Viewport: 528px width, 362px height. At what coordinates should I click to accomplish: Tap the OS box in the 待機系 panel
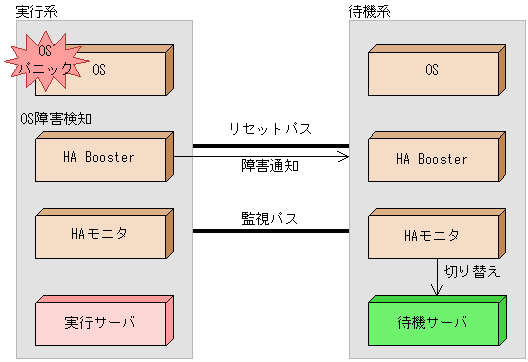pyautogui.click(x=430, y=71)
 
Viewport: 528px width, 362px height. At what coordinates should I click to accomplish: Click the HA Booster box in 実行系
pyautogui.click(x=100, y=158)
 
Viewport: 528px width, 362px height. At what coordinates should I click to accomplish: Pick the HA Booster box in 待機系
pyautogui.click(x=430, y=160)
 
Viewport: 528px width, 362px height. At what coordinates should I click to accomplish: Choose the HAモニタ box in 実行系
pyautogui.click(x=100, y=235)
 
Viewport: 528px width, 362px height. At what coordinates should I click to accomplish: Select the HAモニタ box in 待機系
pyautogui.click(x=430, y=236)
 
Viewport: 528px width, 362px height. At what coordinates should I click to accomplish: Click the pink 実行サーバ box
pyautogui.click(x=100, y=322)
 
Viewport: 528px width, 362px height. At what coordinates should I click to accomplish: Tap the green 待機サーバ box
pyautogui.click(x=430, y=322)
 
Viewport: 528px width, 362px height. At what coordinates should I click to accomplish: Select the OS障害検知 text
pyautogui.click(x=57, y=118)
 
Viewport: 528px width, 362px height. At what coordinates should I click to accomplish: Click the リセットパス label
pyautogui.click(x=270, y=129)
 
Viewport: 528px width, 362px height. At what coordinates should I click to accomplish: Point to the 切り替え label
pyautogui.click(x=471, y=270)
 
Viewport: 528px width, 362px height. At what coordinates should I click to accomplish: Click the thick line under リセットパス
pyautogui.click(x=270, y=146)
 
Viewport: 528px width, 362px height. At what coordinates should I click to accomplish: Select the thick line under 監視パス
pyautogui.click(x=270, y=232)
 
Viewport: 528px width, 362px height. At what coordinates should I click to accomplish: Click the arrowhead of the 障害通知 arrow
pyautogui.click(x=343, y=156)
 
